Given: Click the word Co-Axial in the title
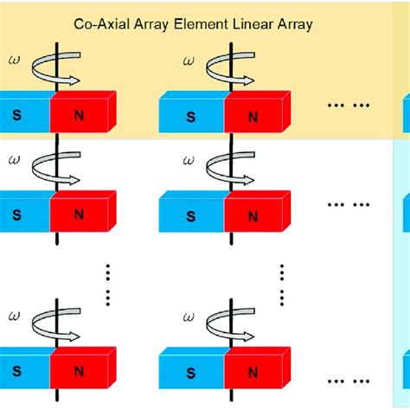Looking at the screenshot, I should pos(102,25).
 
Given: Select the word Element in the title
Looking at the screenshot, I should pos(188,25).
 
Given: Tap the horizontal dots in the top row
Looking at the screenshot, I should pos(350,105).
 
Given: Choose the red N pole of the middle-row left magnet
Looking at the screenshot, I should pos(83,212).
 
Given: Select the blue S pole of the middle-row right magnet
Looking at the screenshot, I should pos(191,212).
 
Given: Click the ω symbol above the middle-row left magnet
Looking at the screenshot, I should pos(12,159).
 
